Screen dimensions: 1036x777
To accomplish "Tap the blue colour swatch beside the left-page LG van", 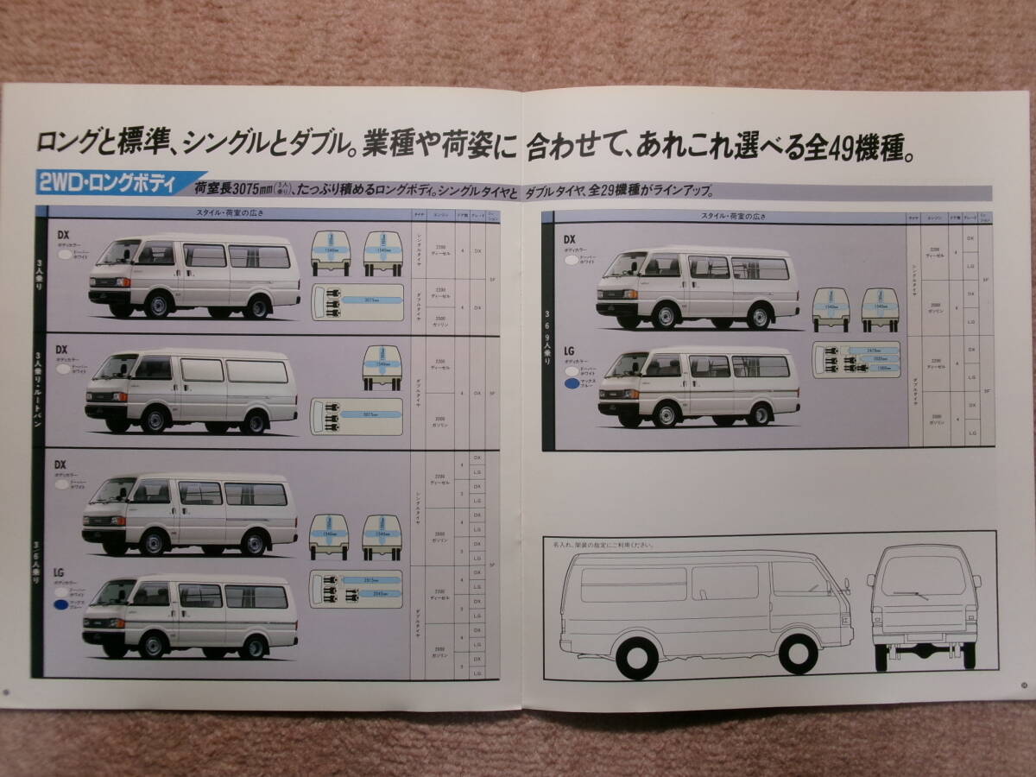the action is (x=61, y=606).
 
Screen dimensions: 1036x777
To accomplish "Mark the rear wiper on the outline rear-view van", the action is (x=912, y=593).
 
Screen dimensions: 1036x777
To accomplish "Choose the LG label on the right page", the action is (x=569, y=351).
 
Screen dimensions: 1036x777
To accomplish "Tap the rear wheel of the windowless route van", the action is (x=254, y=420).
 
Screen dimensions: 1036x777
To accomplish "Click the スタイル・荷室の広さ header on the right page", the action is (x=733, y=217).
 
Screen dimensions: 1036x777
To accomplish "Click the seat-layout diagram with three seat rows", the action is (x=856, y=359).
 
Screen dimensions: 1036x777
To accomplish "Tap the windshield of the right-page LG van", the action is (x=628, y=365).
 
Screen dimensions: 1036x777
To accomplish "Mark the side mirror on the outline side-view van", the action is (x=847, y=586).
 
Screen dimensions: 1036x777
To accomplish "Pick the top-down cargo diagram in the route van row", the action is (x=357, y=415).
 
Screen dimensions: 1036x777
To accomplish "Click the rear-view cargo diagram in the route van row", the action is (x=382, y=367).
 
